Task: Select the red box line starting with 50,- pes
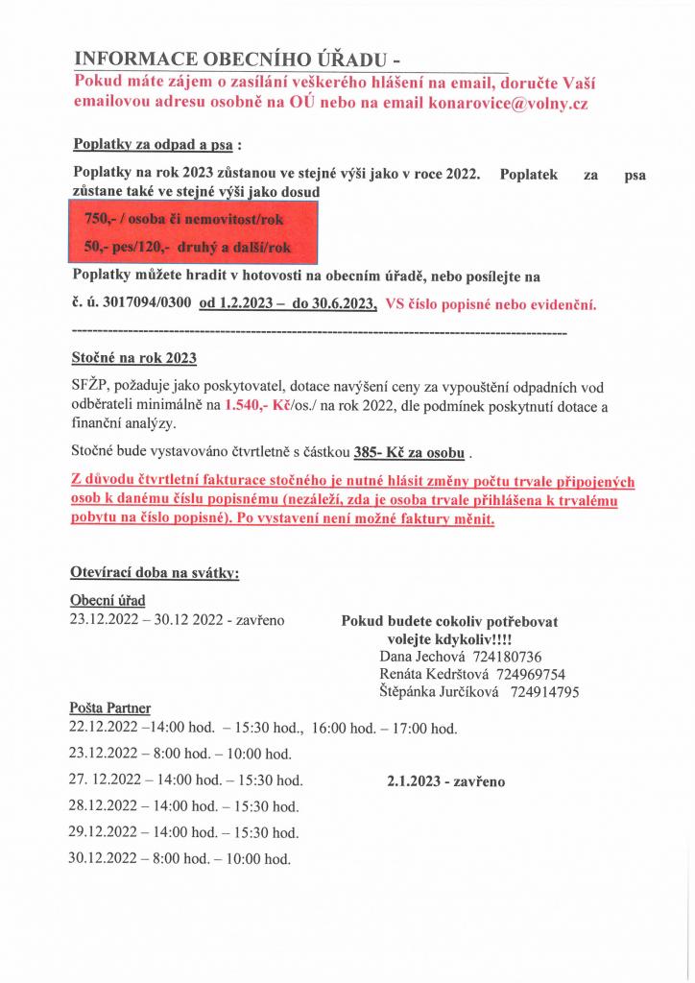coord(187,247)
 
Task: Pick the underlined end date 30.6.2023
coord(334,304)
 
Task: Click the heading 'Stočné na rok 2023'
coord(133,359)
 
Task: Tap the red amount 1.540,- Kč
coord(257,406)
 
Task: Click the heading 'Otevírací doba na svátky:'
coord(155,573)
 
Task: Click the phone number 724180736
coord(508,657)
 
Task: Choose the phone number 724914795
coord(544,691)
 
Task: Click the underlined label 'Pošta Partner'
coord(110,708)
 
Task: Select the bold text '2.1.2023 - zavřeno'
coord(446,781)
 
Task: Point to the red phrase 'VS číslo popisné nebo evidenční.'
coord(491,305)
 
